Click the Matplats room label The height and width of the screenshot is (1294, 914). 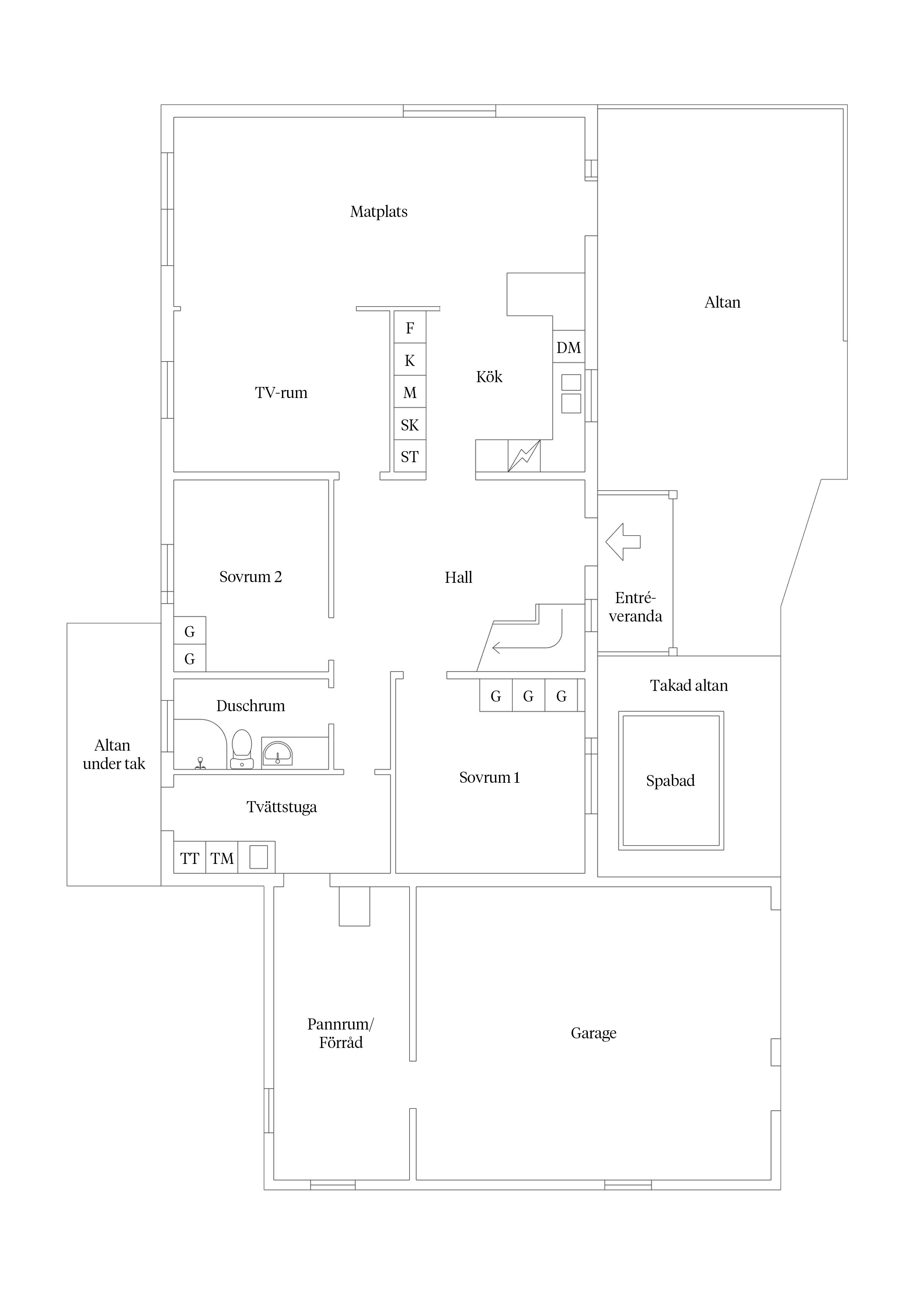pos(378,212)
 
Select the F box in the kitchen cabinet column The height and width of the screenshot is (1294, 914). pos(409,328)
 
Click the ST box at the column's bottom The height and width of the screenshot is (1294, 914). pos(409,457)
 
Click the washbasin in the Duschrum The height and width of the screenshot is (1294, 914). pos(277,753)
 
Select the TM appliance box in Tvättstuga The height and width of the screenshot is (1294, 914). pos(222,859)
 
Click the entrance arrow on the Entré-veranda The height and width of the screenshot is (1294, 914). pos(622,542)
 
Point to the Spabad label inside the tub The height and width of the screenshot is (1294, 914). pos(670,781)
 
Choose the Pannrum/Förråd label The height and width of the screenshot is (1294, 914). pos(340,1034)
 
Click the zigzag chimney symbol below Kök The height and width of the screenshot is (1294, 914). pos(524,456)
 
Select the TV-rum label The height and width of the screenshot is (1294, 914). pos(281,393)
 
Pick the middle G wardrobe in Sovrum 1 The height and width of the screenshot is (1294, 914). pos(528,696)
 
